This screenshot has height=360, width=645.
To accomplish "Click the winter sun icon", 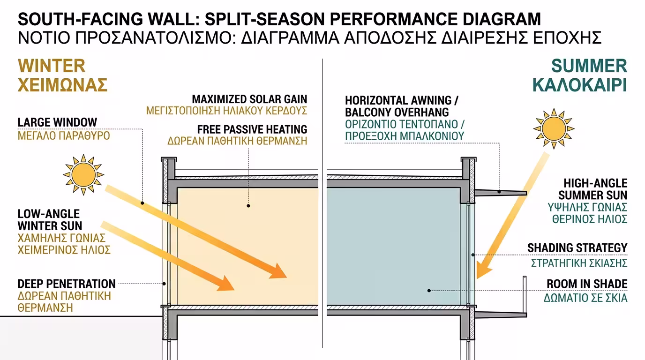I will pos(83,174).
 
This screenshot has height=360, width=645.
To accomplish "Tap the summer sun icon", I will pos(554,128).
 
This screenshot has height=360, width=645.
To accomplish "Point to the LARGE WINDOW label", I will pos(57,122).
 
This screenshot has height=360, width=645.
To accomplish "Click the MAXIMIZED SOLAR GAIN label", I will pos(249,99).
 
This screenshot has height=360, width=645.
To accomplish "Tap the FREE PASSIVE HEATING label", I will pos(252,129).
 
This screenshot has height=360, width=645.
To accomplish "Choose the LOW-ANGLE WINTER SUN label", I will pos(49,220).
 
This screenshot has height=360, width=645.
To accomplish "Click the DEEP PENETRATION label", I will pos(66,284).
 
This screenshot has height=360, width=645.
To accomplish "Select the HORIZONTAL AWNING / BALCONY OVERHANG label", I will pos(402,106).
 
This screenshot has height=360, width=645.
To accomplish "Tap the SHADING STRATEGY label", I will pos(577,247).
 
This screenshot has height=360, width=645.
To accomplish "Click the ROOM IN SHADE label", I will pos(587,284).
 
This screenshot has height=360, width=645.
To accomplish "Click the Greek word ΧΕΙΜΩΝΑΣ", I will pos(62,85).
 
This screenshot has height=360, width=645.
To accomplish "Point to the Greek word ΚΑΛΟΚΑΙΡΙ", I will pos(580,86).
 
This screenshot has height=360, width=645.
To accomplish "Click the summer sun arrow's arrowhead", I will pos(482,271).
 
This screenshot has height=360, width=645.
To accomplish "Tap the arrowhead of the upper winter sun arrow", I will pos(280,271).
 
